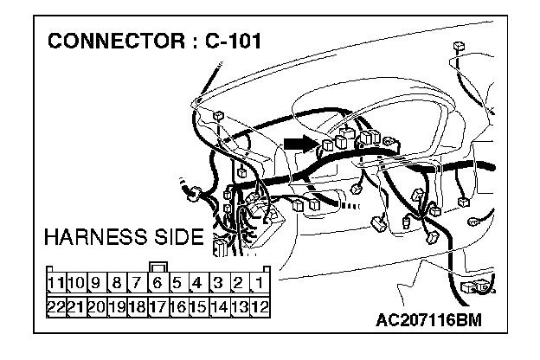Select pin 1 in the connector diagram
(x=259, y=283)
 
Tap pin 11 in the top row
(x=56, y=283)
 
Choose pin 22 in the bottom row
(x=56, y=305)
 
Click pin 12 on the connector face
(x=259, y=305)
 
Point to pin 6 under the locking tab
(x=157, y=283)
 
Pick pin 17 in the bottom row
(x=157, y=305)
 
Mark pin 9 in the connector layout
(x=96, y=283)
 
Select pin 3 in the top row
(x=219, y=283)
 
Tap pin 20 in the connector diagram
(x=96, y=305)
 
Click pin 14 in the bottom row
(x=219, y=305)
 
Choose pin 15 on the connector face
(x=198, y=305)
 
